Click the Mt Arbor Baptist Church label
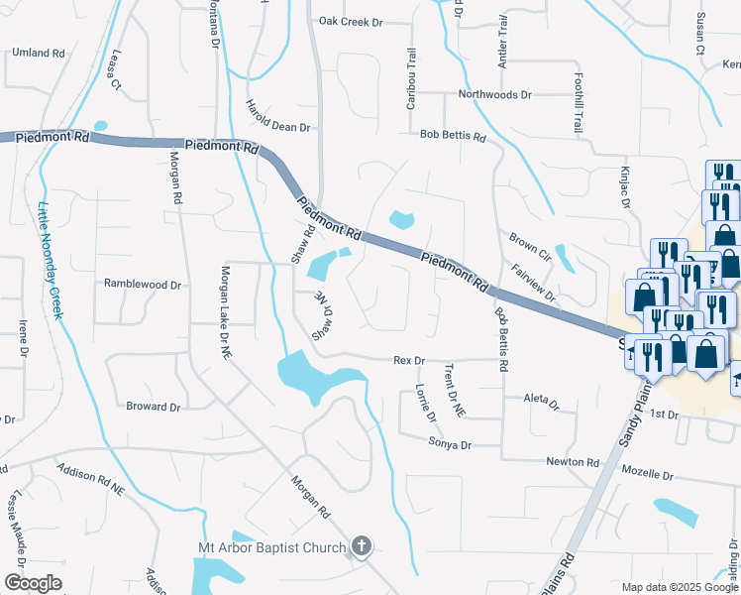point(271,547)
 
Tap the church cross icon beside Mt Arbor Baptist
point(363,546)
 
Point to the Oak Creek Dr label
point(351,20)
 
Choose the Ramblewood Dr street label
point(143,284)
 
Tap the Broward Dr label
point(154,407)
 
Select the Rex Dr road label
point(409,360)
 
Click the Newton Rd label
point(573,462)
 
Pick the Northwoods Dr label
point(494,95)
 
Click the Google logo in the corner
point(34,583)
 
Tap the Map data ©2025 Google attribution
point(679,587)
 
